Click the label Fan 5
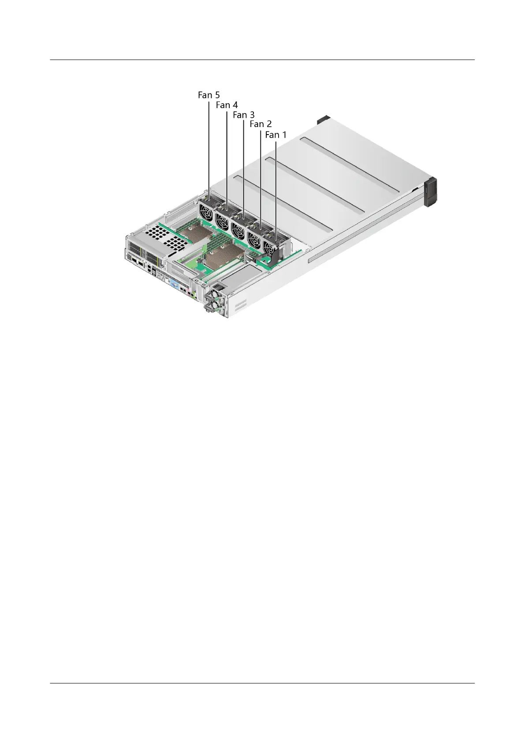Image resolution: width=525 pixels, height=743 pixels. (x=209, y=95)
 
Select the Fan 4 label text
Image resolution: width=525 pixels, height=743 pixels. (x=227, y=105)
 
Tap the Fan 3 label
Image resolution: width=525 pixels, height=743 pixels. (x=244, y=115)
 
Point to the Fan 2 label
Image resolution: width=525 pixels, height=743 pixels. (x=261, y=124)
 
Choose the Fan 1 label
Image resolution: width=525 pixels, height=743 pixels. (x=276, y=135)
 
